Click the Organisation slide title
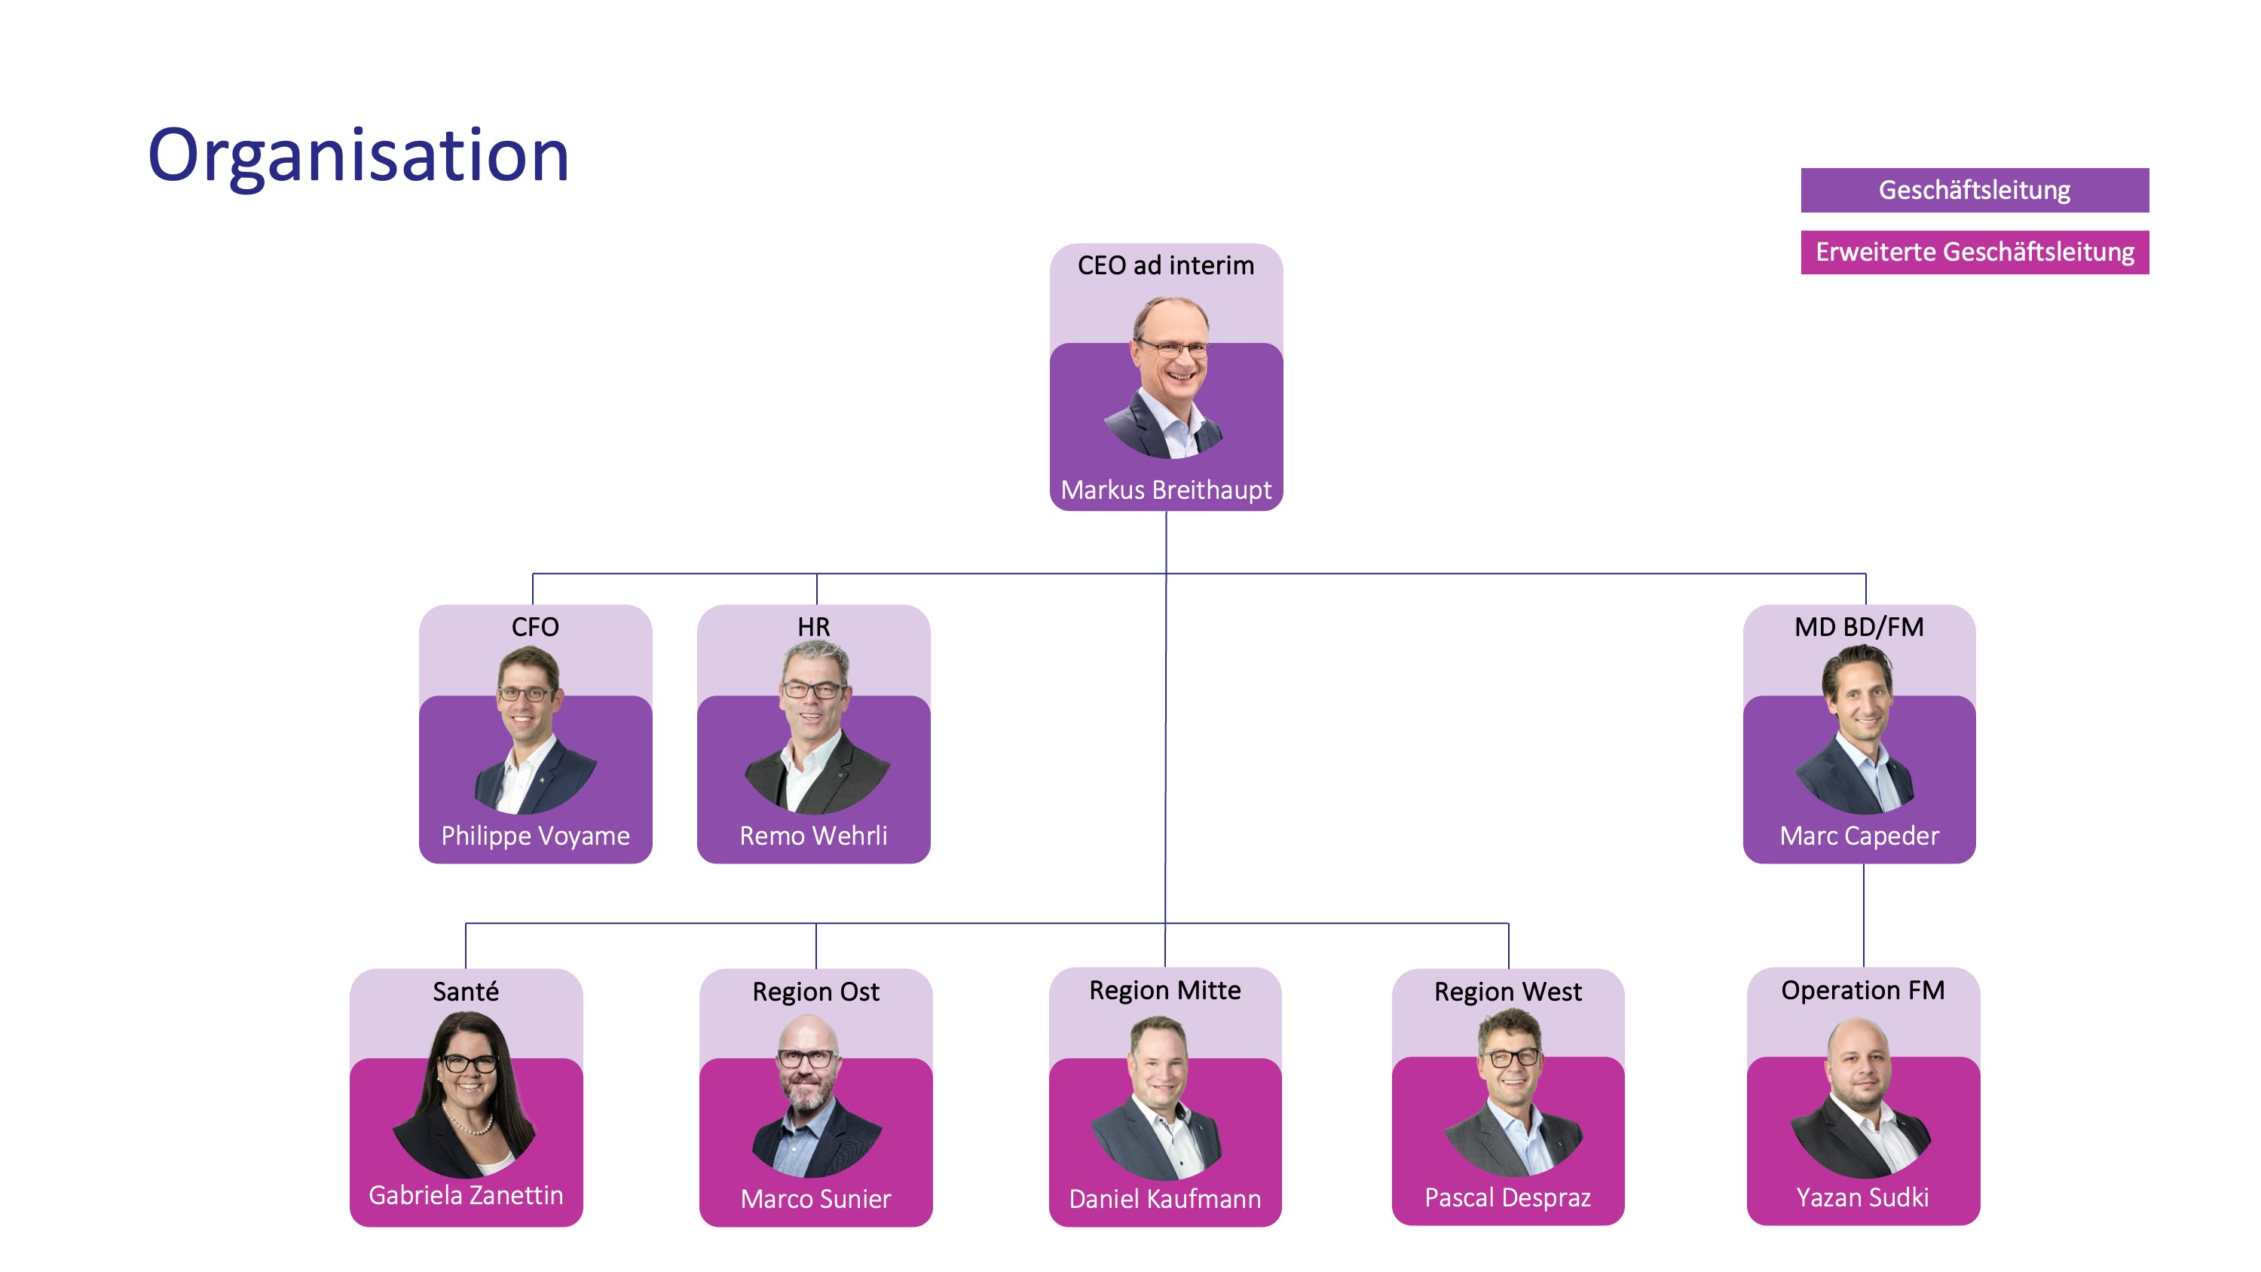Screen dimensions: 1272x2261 coord(358,155)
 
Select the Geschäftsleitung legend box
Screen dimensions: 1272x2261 coord(1974,190)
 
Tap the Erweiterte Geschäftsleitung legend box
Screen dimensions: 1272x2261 coord(1974,252)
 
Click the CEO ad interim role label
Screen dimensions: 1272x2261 coord(1166,265)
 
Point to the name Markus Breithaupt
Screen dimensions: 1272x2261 coord(1166,490)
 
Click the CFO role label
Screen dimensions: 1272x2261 coord(534,627)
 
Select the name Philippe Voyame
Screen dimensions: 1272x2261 coord(534,836)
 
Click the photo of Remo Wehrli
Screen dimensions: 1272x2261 coord(815,729)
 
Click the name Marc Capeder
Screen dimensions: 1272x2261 coord(1859,836)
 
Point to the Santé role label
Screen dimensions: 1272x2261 coord(465,992)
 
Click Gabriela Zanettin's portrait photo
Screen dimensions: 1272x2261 coord(465,1093)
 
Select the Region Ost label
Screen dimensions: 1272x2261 coord(815,992)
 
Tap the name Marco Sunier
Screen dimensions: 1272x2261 coord(815,1199)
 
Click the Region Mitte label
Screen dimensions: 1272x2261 coord(1164,990)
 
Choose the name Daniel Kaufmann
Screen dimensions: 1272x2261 coord(1164,1199)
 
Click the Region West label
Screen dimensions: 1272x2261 coord(1507,992)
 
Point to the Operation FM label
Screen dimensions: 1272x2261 coord(1862,990)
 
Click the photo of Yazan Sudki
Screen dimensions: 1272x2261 coord(1861,1097)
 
